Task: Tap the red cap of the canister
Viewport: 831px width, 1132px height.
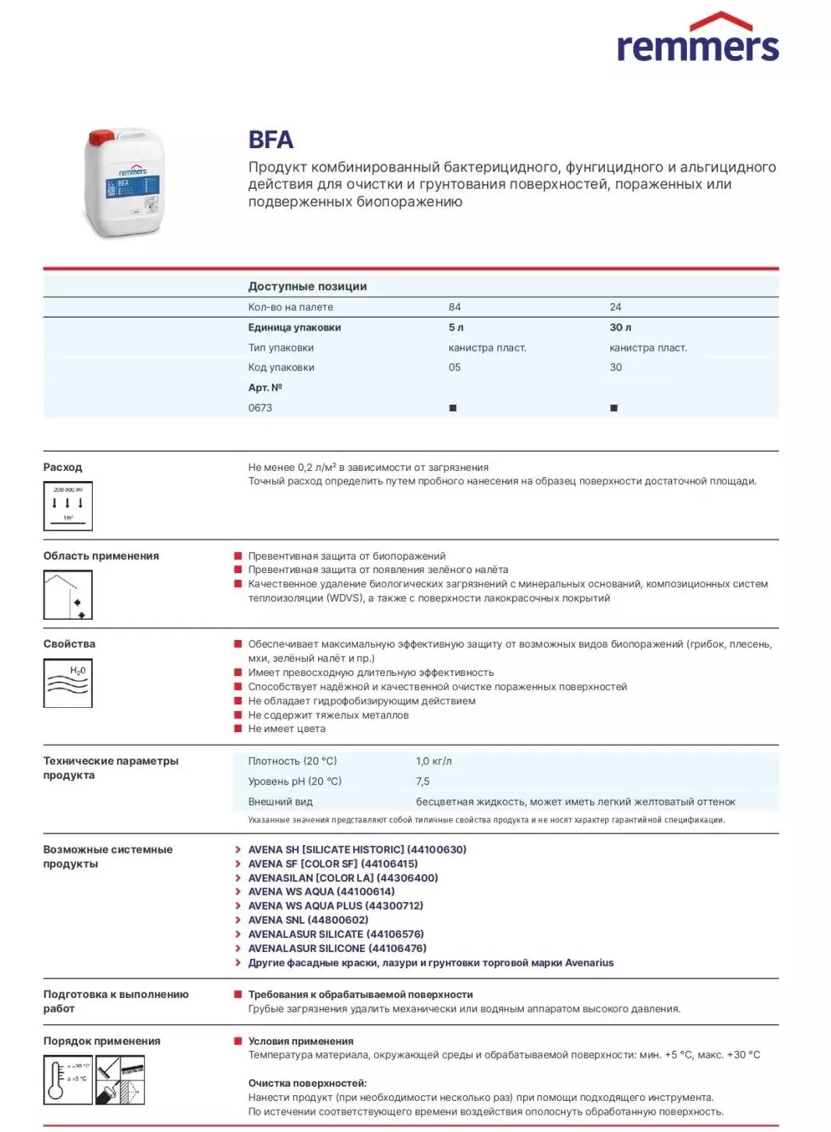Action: pyautogui.click(x=102, y=137)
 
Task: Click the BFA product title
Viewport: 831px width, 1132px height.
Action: pyautogui.click(x=271, y=140)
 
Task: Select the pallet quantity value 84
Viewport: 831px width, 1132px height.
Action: pyautogui.click(x=454, y=307)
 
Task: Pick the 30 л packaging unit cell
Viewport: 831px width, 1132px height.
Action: pyautogui.click(x=621, y=327)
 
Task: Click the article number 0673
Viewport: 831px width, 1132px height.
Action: pyautogui.click(x=260, y=408)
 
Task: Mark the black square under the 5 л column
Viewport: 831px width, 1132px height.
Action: pyautogui.click(x=453, y=408)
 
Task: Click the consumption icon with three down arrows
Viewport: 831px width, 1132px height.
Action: pyautogui.click(x=68, y=506)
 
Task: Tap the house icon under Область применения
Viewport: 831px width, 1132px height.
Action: pyautogui.click(x=68, y=595)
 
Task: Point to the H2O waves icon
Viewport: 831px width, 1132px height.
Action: pyautogui.click(x=68, y=683)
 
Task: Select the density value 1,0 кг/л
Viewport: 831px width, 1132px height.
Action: pyautogui.click(x=433, y=761)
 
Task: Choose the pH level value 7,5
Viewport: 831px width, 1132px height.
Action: pyautogui.click(x=423, y=781)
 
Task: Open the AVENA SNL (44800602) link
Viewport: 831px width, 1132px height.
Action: pyautogui.click(x=308, y=920)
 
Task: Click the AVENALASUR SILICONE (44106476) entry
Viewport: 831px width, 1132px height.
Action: pyautogui.click(x=337, y=948)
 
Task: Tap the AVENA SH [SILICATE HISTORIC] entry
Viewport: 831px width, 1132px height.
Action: pyautogui.click(x=357, y=850)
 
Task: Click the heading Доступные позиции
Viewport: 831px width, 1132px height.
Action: pyautogui.click(x=307, y=286)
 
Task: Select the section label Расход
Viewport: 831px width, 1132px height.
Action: pyautogui.click(x=62, y=467)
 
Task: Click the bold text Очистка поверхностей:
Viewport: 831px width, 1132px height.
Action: pyautogui.click(x=307, y=1083)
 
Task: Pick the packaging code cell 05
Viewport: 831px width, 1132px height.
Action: pyautogui.click(x=454, y=367)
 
